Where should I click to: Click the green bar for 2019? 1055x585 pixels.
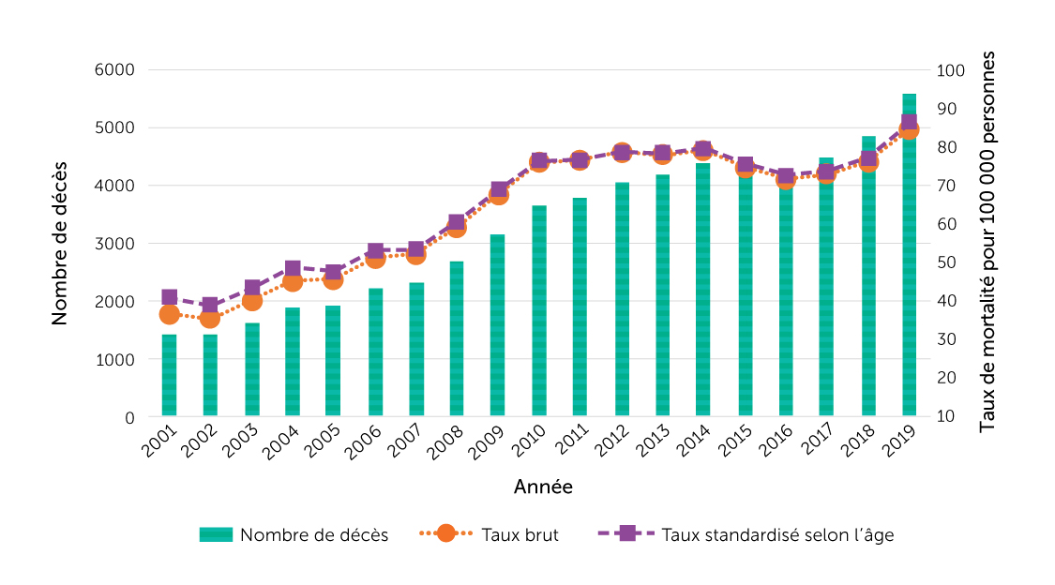tap(909, 281)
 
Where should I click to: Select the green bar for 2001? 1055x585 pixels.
tap(169, 375)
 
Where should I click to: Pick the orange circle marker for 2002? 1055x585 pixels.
tap(210, 319)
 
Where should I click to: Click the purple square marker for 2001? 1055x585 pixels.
tap(169, 298)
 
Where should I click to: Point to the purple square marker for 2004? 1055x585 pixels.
tap(293, 269)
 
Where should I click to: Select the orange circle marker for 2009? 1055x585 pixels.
tap(498, 195)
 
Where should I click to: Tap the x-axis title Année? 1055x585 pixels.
tap(543, 487)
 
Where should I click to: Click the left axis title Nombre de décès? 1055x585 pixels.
tap(60, 244)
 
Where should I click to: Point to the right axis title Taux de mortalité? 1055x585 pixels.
tap(987, 242)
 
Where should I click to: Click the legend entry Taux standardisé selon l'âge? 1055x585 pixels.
tap(777, 534)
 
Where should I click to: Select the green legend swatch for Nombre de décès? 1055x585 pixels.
tap(216, 534)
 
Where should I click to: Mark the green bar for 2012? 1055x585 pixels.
tap(622, 300)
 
